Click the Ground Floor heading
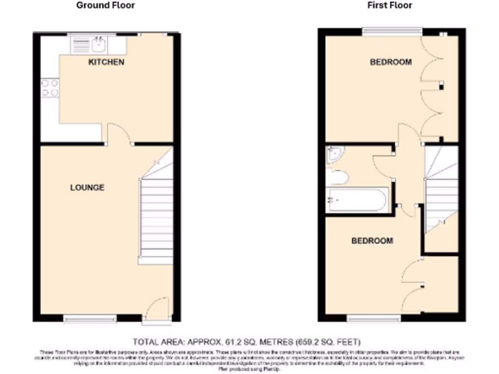[105, 5]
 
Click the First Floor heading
[390, 5]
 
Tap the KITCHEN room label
[106, 62]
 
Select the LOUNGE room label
[87, 187]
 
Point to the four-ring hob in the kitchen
[50, 88]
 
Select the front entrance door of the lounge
[157, 307]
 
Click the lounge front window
[90, 319]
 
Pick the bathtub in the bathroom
[357, 200]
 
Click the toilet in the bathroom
[338, 177]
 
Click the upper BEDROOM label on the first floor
[390, 62]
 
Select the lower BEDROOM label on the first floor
[372, 241]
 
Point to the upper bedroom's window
[392, 31]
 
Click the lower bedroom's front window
[374, 318]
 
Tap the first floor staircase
[441, 195]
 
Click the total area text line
[247, 341]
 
